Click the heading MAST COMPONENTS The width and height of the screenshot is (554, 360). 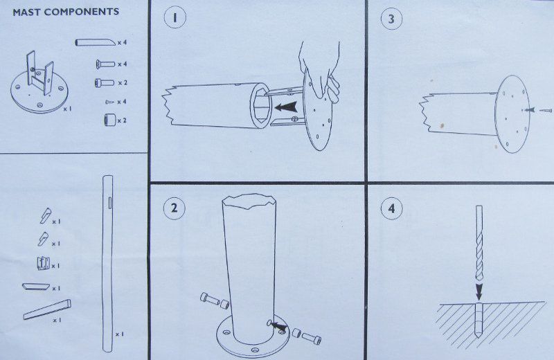(x=66, y=12)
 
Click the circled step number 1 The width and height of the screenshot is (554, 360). (x=175, y=18)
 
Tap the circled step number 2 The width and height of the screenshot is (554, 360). (x=174, y=208)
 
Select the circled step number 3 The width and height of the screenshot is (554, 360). (x=391, y=19)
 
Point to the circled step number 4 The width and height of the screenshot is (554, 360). (x=391, y=208)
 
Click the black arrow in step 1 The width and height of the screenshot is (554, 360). (x=286, y=107)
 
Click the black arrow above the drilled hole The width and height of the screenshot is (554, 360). (x=479, y=292)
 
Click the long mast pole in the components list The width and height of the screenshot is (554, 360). (x=107, y=264)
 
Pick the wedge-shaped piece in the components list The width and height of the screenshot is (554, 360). (x=47, y=310)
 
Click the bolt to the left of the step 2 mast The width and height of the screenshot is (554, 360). (x=215, y=300)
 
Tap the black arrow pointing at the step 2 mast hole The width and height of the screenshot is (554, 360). (x=278, y=326)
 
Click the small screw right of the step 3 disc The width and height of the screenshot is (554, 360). (x=546, y=111)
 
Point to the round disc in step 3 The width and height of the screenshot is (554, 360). (x=512, y=114)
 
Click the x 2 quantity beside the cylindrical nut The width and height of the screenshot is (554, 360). (x=122, y=121)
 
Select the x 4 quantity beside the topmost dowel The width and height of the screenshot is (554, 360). (x=122, y=43)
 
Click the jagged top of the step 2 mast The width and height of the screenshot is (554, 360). (x=249, y=199)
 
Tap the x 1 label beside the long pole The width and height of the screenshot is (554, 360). (x=120, y=334)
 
